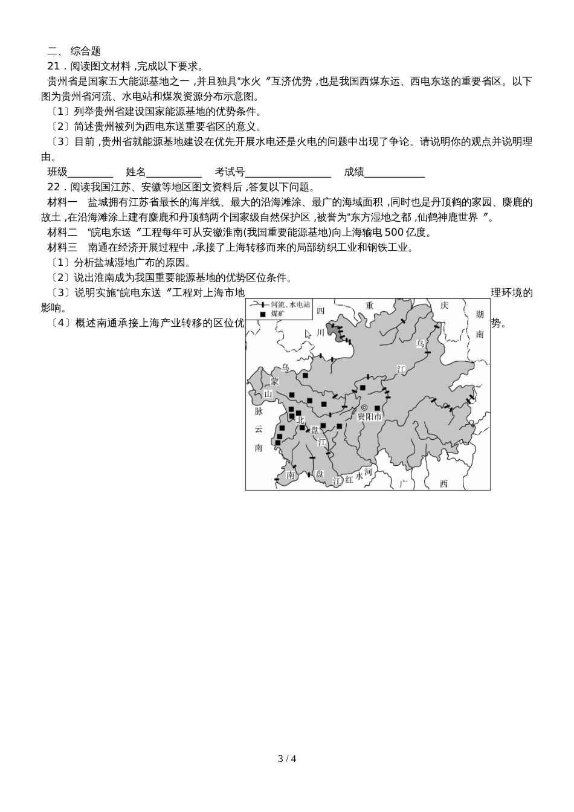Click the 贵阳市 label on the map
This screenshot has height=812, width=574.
pyautogui.click(x=370, y=417)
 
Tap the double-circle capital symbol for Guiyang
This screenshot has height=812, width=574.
pyautogui.click(x=364, y=407)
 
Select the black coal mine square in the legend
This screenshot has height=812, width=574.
pyautogui.click(x=263, y=315)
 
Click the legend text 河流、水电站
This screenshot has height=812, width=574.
pyautogui.click(x=290, y=305)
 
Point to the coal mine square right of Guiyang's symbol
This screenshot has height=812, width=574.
pyautogui.click(x=378, y=408)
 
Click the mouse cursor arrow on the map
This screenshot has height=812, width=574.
pyautogui.click(x=308, y=334)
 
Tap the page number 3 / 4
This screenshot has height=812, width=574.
pyautogui.click(x=287, y=758)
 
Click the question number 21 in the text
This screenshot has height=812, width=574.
pyautogui.click(x=54, y=66)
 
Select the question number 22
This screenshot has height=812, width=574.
pyautogui.click(x=54, y=187)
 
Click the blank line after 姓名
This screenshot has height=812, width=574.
pyautogui.click(x=174, y=173)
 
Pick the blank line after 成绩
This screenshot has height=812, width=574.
pyautogui.click(x=395, y=173)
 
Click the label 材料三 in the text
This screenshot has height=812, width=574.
pyautogui.click(x=62, y=248)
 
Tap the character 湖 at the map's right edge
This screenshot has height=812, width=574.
pyautogui.click(x=480, y=314)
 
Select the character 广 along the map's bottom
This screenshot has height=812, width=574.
pyautogui.click(x=404, y=483)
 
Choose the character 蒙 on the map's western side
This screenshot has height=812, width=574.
pyautogui.click(x=275, y=382)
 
